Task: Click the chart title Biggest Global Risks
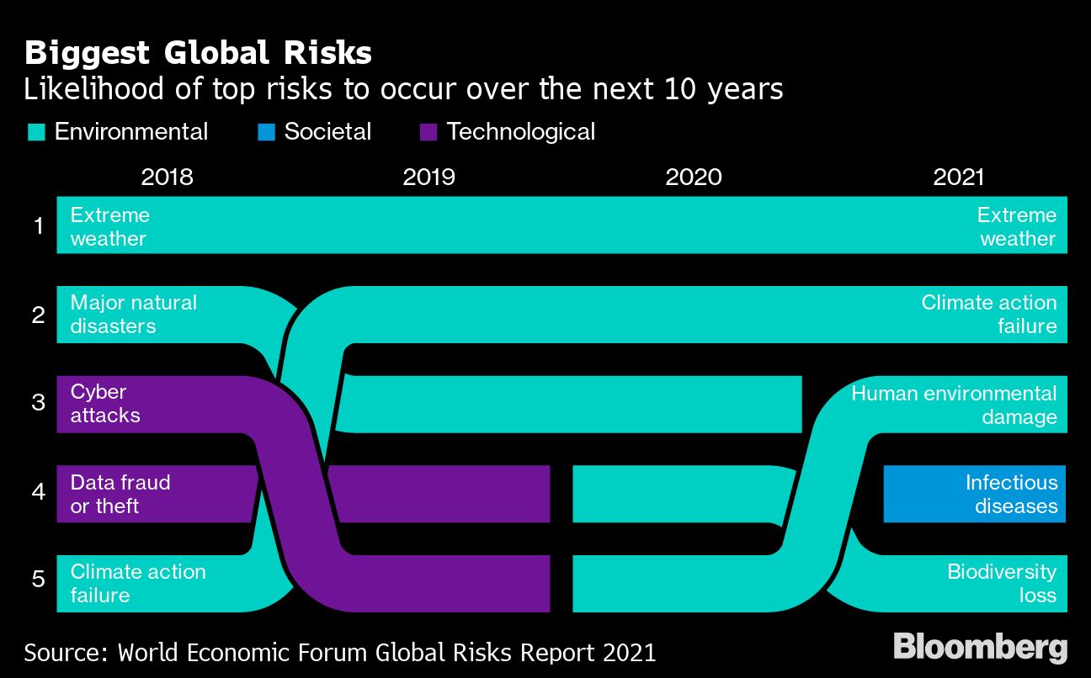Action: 198,53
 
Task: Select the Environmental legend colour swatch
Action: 36,132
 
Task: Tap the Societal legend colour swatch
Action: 266,132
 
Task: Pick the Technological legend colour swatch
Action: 428,132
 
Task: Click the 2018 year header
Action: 167,177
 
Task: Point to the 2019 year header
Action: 428,177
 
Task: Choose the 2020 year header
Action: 693,177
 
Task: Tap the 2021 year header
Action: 958,177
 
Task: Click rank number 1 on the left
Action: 38,225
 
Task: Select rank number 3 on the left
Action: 38,403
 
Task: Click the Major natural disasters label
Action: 133,314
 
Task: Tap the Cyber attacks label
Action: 104,404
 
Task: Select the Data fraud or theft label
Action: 120,494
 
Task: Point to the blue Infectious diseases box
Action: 975,494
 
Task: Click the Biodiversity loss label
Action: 1001,583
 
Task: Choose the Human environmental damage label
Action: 953,405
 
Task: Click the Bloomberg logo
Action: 980,648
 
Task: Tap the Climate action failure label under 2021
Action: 988,314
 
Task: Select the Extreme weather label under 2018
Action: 109,226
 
